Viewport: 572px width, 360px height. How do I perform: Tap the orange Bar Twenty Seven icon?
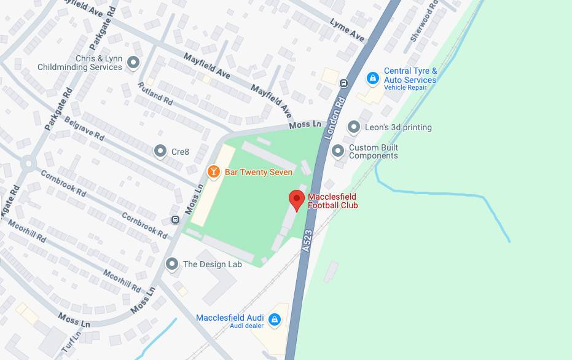tap(213, 171)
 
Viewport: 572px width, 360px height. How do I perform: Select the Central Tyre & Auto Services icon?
tap(372, 78)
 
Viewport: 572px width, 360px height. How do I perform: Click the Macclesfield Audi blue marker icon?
tap(275, 319)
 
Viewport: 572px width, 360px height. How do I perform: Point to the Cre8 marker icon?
tap(160, 151)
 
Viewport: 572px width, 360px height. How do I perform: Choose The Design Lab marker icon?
tap(172, 264)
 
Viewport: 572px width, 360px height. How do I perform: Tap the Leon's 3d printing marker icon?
tap(353, 127)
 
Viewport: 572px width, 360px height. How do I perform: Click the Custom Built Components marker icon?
tap(337, 151)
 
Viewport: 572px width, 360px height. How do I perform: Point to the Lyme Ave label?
tap(347, 30)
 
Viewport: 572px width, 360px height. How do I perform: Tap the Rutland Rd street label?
tap(155, 93)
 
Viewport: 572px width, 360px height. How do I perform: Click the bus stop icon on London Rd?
tap(344, 84)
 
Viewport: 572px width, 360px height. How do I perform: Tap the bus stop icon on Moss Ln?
tap(176, 220)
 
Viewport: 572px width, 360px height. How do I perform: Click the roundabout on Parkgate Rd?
tap(28, 163)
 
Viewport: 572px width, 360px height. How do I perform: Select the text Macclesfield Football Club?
tap(332, 201)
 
